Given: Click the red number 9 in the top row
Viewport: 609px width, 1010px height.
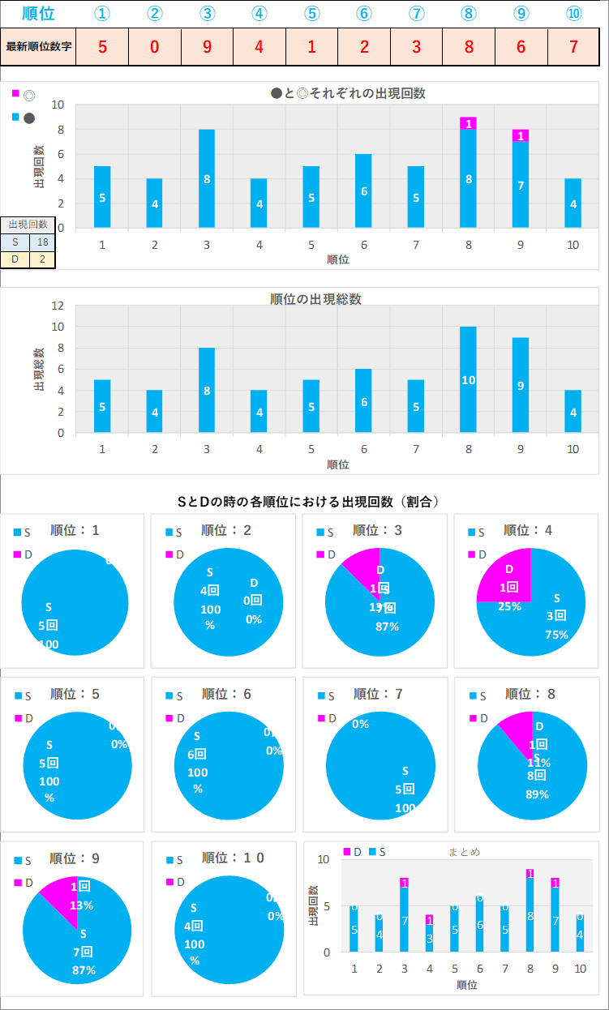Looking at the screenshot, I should [x=207, y=46].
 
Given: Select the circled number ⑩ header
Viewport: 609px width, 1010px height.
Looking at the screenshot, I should [x=573, y=14].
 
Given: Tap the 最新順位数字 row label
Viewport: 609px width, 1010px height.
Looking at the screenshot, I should [x=38, y=46].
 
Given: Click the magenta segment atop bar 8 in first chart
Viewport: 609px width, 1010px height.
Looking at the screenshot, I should [x=468, y=123].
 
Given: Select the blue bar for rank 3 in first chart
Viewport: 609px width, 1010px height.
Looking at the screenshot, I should [x=207, y=178].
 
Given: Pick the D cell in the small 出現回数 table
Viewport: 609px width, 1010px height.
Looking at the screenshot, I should [x=15, y=259].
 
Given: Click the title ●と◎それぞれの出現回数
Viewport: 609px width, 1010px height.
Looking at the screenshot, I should [x=348, y=93].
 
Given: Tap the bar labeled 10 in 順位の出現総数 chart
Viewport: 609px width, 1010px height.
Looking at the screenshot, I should [x=468, y=379].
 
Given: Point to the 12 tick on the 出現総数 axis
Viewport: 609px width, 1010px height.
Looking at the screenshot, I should [x=58, y=306].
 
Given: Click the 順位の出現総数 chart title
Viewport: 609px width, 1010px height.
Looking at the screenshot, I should [x=315, y=299].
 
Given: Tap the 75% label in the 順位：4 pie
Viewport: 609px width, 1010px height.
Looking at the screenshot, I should [x=556, y=635].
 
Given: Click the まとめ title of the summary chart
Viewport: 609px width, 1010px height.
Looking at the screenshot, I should [x=464, y=852].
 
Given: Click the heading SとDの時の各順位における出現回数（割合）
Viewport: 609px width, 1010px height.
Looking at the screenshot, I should [x=308, y=502].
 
